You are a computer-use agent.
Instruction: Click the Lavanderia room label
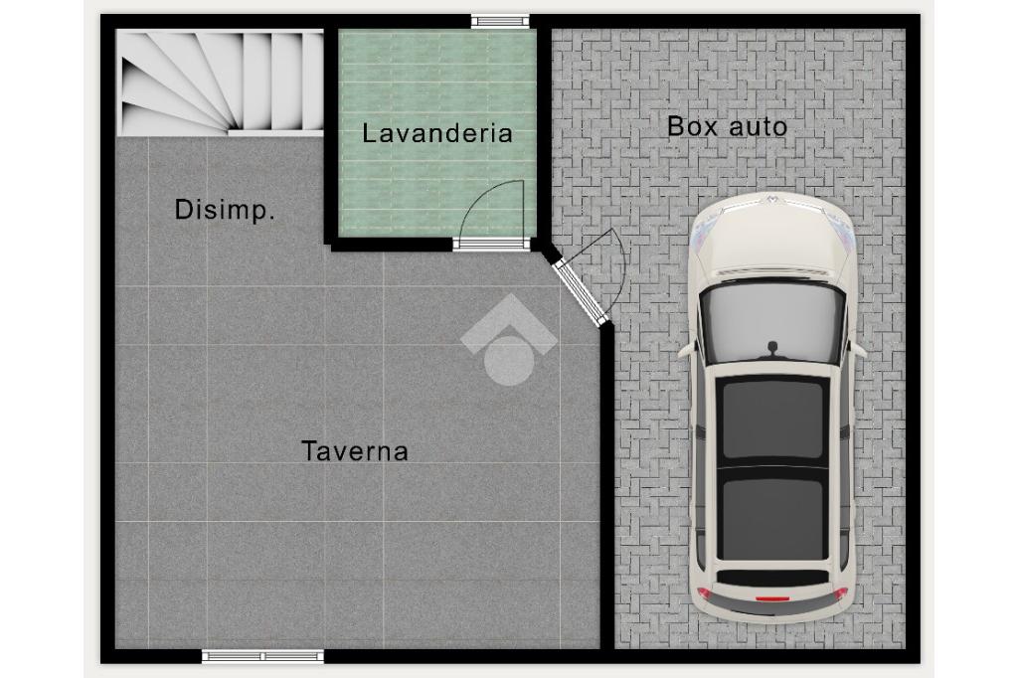pos(437,133)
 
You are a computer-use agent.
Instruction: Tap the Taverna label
pos(355,451)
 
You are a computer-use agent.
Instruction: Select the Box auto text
pos(727,126)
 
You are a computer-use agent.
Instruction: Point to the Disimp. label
pos(225,210)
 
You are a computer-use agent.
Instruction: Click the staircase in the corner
pos(220,83)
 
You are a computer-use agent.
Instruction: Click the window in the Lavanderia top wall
pos(500,22)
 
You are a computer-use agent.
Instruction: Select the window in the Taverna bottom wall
pos(262,656)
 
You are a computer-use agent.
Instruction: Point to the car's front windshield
pos(771,323)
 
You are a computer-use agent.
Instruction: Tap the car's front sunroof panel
pos(771,420)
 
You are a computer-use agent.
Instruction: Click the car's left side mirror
pos(686,351)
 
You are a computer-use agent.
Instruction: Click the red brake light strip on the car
pos(772,597)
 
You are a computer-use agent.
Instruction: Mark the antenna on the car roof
pos(772,350)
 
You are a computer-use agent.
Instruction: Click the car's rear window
pos(771,577)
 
